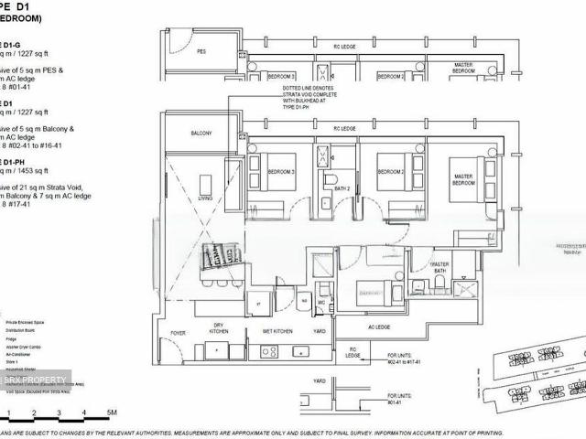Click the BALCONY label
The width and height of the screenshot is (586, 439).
pyautogui.click(x=201, y=134)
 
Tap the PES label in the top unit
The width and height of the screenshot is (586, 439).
pyautogui.click(x=201, y=52)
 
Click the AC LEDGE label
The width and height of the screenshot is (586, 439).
pyautogui.click(x=380, y=327)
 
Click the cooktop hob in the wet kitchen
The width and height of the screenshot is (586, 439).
pyautogui.click(x=269, y=350)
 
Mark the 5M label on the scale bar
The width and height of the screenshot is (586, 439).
pyautogui.click(x=111, y=413)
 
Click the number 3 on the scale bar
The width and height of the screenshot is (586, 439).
pyautogui.click(x=58, y=413)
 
